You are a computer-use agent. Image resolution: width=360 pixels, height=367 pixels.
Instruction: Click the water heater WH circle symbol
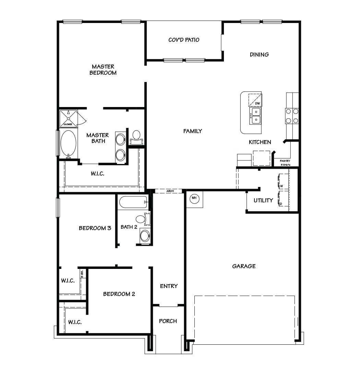[x=194, y=198]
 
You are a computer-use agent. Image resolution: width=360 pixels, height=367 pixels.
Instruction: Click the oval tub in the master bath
[x=69, y=143]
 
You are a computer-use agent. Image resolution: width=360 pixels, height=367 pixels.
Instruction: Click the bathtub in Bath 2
[x=133, y=202]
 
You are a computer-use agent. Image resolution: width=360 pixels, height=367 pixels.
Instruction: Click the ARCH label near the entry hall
[x=169, y=191]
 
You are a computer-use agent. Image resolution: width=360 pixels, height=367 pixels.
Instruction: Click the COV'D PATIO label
[x=184, y=40]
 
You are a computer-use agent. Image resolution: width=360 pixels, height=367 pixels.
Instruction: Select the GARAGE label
[x=244, y=266]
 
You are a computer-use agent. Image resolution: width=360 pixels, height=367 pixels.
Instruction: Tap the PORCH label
[x=168, y=321]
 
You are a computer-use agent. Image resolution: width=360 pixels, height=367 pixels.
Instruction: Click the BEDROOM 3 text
[x=95, y=228]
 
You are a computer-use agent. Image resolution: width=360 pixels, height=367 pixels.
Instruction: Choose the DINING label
[x=259, y=54]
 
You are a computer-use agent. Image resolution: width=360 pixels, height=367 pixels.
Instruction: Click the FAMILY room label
[x=193, y=131]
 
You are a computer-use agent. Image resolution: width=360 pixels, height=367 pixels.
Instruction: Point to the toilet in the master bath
[x=136, y=136]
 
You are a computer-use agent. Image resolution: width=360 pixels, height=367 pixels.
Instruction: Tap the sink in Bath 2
[x=145, y=236]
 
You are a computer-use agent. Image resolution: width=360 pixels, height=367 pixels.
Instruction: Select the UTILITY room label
[x=263, y=200]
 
